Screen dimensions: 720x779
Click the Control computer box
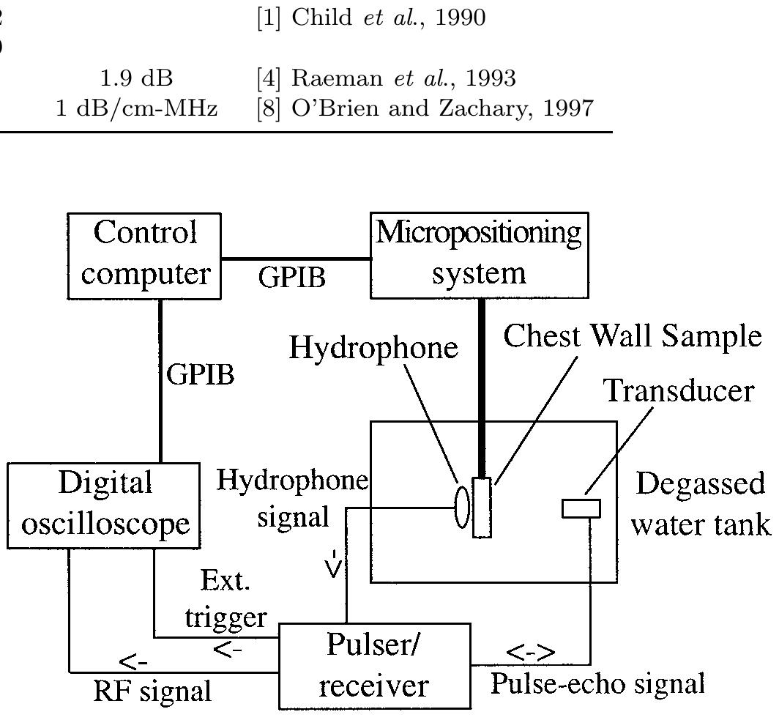click(144, 255)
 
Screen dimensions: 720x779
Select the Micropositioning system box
click(479, 255)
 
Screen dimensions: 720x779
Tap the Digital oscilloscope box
click(104, 505)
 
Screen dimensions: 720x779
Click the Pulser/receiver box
click(374, 666)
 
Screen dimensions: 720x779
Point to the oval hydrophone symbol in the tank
click(462, 507)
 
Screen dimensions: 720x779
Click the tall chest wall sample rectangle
click(482, 507)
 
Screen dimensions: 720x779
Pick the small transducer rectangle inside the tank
click(581, 508)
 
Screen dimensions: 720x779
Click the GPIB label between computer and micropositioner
click(292, 278)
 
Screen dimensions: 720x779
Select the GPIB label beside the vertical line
click(201, 374)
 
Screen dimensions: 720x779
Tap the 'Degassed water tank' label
click(698, 505)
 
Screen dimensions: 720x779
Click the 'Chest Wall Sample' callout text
click(632, 336)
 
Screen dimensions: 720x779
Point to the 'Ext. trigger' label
click(225, 600)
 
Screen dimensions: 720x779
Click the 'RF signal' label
click(152, 691)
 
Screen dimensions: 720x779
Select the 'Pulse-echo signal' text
click(597, 683)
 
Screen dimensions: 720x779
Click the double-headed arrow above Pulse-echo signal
click(530, 651)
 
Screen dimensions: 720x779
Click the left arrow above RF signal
click(133, 662)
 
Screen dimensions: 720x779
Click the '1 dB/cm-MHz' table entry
click(137, 109)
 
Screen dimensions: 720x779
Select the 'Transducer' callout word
click(678, 391)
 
